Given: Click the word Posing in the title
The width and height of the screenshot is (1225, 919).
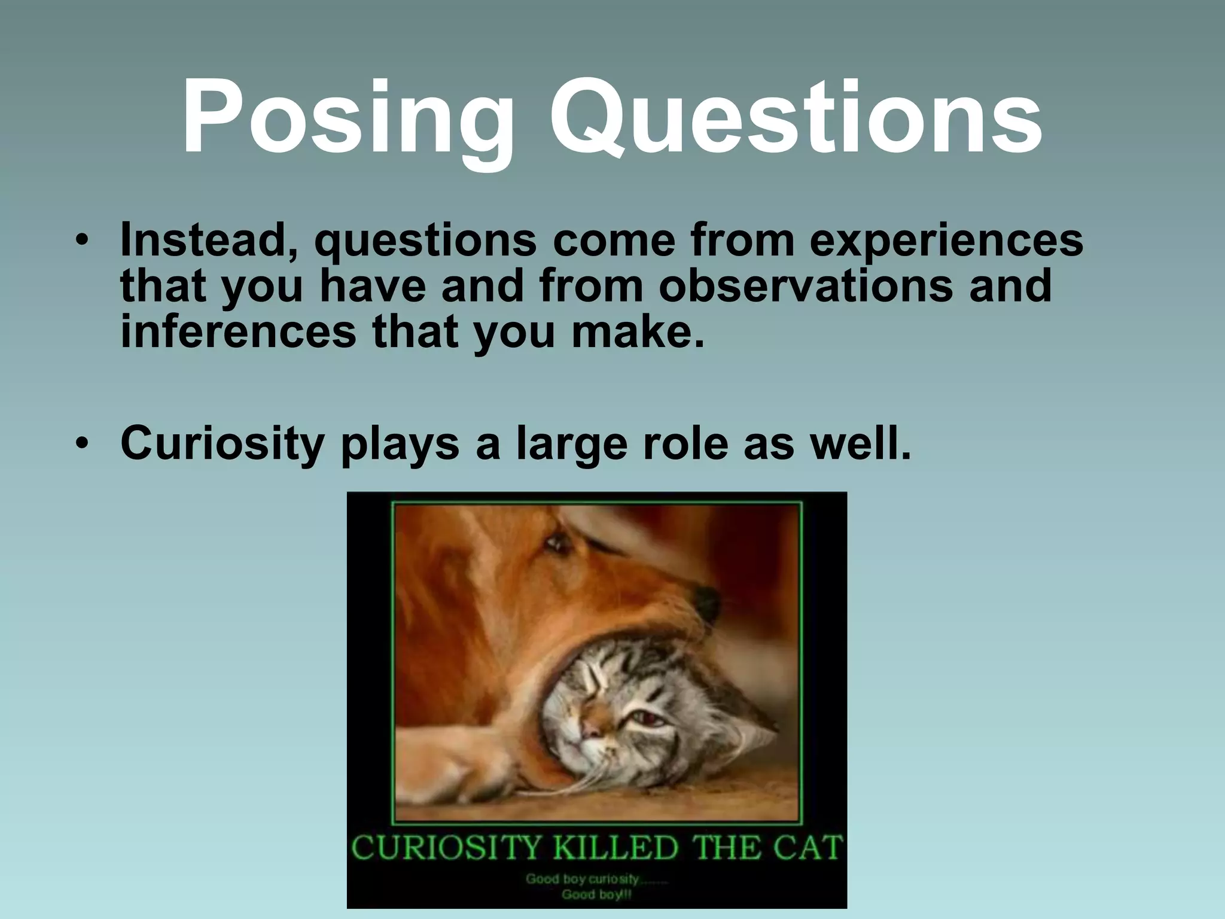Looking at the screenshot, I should [348, 117].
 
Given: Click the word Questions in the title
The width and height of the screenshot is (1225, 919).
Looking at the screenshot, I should [796, 117].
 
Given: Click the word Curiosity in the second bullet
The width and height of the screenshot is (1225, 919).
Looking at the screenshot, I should [221, 444].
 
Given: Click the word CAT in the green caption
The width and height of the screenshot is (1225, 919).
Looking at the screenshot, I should [810, 848].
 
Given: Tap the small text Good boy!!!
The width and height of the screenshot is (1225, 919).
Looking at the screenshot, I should [596, 894].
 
